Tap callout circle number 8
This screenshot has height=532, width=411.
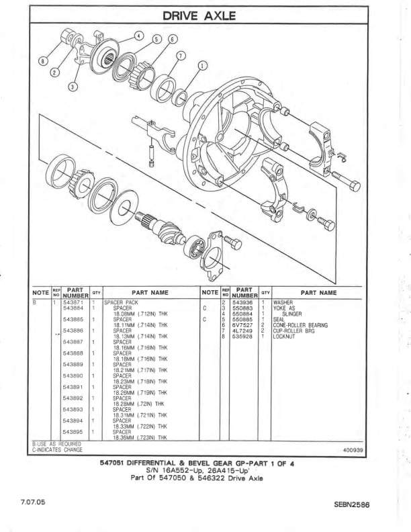click(44, 61)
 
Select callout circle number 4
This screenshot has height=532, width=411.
click(138, 35)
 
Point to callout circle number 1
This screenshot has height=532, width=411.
click(203, 66)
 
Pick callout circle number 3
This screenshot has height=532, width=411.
click(73, 87)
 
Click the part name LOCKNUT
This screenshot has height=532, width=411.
click(285, 336)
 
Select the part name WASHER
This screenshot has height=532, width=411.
click(283, 304)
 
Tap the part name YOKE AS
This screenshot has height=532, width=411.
click(284, 309)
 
